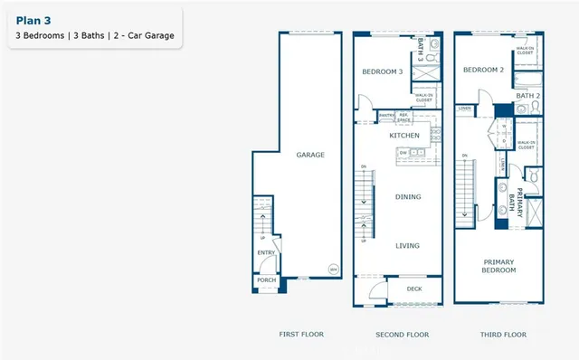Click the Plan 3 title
click(34, 19)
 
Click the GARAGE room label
click(310, 155)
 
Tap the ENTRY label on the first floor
click(266, 253)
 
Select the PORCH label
click(266, 280)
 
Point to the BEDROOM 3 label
click(382, 71)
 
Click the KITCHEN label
click(404, 135)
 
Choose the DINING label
click(408, 196)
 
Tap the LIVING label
click(408, 244)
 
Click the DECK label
click(413, 289)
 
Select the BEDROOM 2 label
click(482, 70)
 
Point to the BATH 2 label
click(527, 95)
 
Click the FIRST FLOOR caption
click(299, 335)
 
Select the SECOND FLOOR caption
click(403, 335)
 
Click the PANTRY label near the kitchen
click(386, 115)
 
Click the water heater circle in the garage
click(333, 270)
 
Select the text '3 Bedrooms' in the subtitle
click(41, 36)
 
